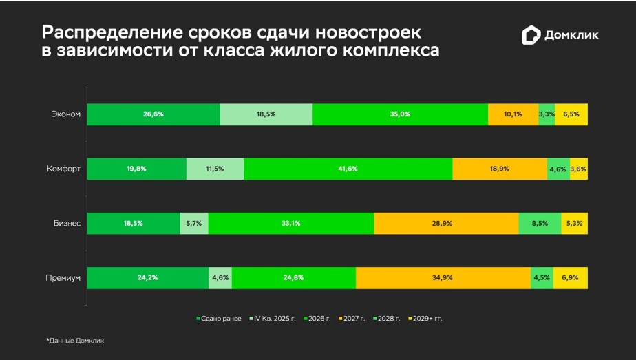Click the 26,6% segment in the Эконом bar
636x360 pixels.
pyautogui.click(x=153, y=114)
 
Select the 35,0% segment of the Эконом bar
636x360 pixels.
pyautogui.click(x=400, y=114)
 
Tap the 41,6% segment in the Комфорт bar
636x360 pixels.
pyautogui.click(x=348, y=169)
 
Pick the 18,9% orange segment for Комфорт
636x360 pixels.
pyautogui.click(x=499, y=169)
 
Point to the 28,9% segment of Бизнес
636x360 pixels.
pyautogui.click(x=445, y=223)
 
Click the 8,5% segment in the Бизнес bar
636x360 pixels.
pyautogui.click(x=540, y=223)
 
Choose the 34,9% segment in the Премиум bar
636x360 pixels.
pyautogui.click(x=443, y=277)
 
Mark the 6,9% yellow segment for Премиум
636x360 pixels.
pyautogui.click(x=571, y=277)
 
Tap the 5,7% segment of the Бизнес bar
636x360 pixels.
pyautogui.click(x=193, y=223)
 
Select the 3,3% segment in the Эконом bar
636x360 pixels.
pyautogui.click(x=547, y=114)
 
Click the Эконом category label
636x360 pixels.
pyautogui.click(x=66, y=114)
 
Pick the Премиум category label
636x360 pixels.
pyautogui.click(x=63, y=277)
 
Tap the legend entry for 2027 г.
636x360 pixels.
pyautogui.click(x=352, y=319)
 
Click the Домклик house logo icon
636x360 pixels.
pyautogui.click(x=531, y=36)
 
